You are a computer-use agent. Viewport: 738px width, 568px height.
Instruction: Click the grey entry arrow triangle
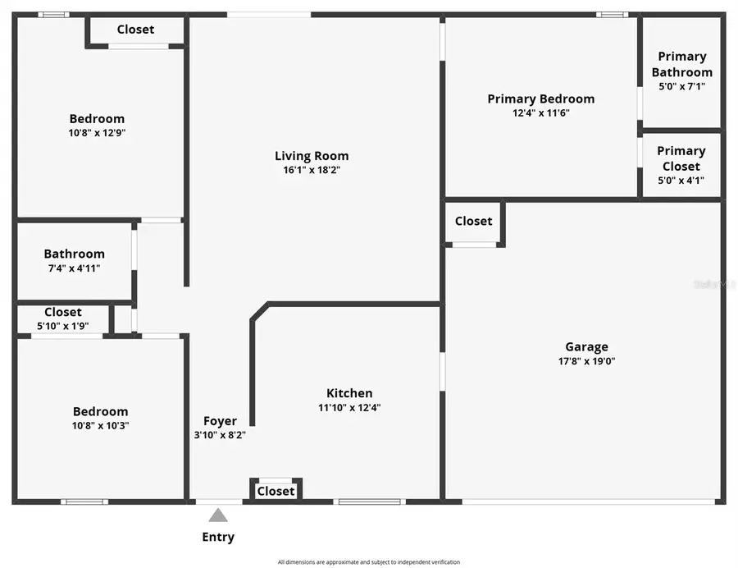click(x=218, y=515)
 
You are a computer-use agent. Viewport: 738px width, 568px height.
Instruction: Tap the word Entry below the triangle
click(x=218, y=538)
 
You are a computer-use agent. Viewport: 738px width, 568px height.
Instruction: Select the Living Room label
click(x=312, y=156)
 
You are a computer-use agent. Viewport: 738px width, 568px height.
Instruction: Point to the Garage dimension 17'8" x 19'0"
click(x=586, y=361)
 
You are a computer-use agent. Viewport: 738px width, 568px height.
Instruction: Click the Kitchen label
click(x=349, y=393)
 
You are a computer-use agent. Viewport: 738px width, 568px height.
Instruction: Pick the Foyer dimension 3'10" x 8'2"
click(x=220, y=436)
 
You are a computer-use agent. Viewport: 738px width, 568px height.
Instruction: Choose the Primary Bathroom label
click(x=681, y=64)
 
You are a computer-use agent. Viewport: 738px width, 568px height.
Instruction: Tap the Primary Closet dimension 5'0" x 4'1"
click(x=681, y=181)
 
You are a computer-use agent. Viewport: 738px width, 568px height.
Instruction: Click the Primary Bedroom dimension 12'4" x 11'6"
click(x=540, y=113)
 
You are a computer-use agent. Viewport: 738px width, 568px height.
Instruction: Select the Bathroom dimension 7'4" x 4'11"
click(x=74, y=268)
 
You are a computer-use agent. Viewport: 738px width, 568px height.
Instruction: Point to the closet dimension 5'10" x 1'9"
click(x=62, y=326)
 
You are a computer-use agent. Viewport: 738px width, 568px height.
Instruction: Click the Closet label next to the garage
click(x=473, y=221)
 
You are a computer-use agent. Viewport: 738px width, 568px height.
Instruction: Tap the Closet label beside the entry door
click(x=276, y=491)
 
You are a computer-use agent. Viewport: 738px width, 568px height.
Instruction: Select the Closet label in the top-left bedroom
click(x=135, y=30)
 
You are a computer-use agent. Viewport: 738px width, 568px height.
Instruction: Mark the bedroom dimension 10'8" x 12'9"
click(x=97, y=133)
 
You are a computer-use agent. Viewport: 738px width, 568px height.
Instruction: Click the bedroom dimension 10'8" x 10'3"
click(x=100, y=425)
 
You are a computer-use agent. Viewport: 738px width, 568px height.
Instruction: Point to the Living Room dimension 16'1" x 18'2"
click(x=312, y=171)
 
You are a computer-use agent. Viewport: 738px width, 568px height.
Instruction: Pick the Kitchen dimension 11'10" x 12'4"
click(x=349, y=407)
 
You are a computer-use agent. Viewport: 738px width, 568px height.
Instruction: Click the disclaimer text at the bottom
click(x=369, y=562)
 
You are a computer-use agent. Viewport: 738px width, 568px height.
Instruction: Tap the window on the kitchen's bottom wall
click(x=369, y=501)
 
